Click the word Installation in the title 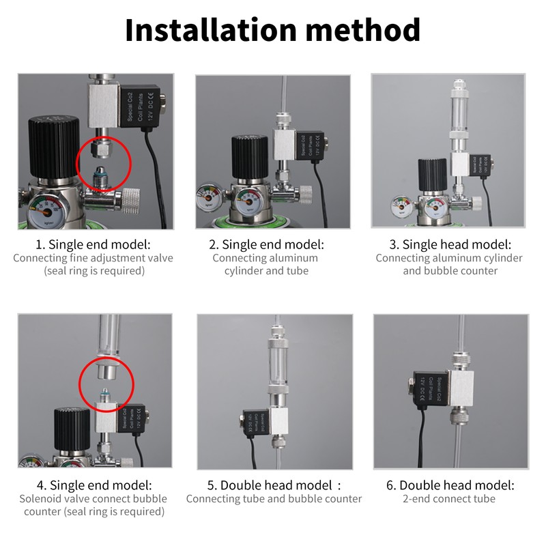[208, 31]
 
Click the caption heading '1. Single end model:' [93, 244]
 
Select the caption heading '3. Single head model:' [450, 244]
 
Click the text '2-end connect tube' [450, 499]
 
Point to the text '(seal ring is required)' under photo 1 [93, 271]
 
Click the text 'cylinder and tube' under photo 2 [266, 271]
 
